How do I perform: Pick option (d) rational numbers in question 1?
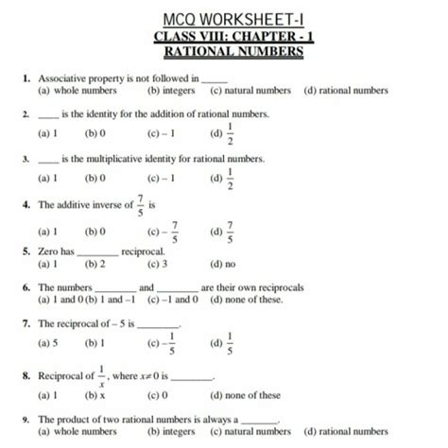coord(346,91)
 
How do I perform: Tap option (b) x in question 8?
coord(92,395)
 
